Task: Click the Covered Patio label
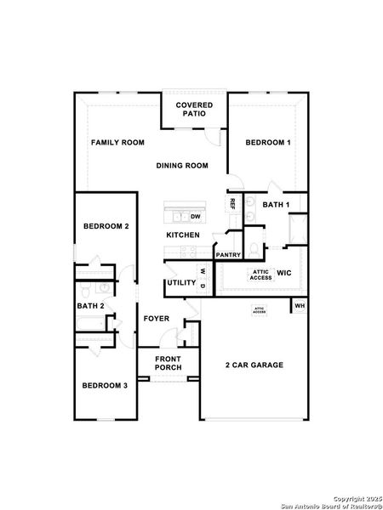[x=194, y=110]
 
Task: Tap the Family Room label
[x=117, y=142]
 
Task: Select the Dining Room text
[x=182, y=166]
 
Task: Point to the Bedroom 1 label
[x=268, y=142]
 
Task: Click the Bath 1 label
[x=276, y=205]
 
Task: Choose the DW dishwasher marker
[x=195, y=217]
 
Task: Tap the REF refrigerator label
[x=232, y=204]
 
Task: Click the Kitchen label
[x=183, y=235]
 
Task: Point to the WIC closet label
[x=284, y=274]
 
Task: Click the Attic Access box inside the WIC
[x=260, y=274]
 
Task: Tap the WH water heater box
[x=300, y=305]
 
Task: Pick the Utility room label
[x=180, y=282]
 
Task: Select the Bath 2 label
[x=90, y=306]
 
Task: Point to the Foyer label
[x=156, y=320]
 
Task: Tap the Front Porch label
[x=168, y=363]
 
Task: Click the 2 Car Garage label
[x=254, y=365]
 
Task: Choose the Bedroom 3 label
[x=105, y=385]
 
